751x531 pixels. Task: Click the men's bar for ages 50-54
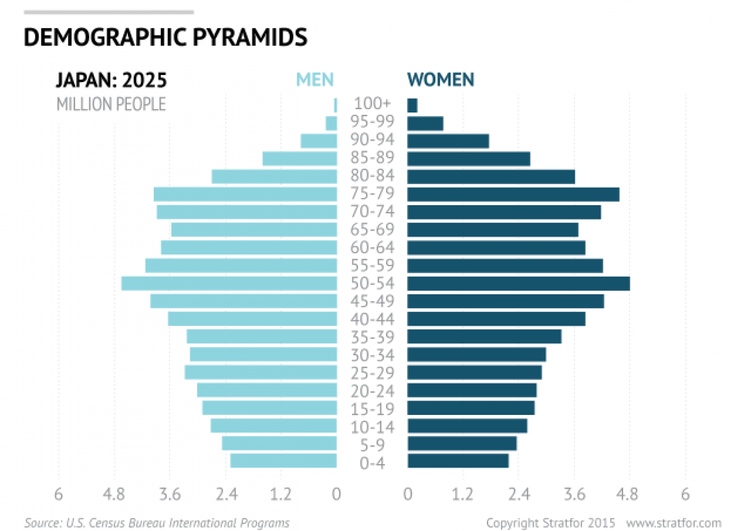[x=229, y=283]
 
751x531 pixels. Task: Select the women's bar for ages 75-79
[x=513, y=194]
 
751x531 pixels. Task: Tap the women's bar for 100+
[x=412, y=105]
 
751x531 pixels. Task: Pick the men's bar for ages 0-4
[x=283, y=461]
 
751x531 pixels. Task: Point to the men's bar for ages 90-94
[x=319, y=141]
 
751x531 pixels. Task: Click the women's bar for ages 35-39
[x=484, y=336]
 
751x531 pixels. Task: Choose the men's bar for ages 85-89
[x=299, y=159]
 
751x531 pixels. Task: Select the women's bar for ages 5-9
[x=462, y=443]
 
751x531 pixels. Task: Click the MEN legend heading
[x=315, y=80]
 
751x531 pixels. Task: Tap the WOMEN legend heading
[x=440, y=80]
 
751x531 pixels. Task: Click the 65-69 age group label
[x=372, y=230]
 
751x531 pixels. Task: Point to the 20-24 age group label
[x=372, y=391]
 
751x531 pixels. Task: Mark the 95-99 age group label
[x=372, y=122]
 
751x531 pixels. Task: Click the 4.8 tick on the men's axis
[x=114, y=494]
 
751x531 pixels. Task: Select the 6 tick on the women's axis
[x=685, y=494]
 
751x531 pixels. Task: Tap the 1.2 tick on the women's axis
[x=462, y=494]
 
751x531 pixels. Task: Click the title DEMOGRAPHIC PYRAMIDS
[x=165, y=37]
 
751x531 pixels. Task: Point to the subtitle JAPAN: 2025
[x=111, y=80]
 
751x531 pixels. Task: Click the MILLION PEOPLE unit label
[x=111, y=104]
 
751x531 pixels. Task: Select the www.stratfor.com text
[x=673, y=523]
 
